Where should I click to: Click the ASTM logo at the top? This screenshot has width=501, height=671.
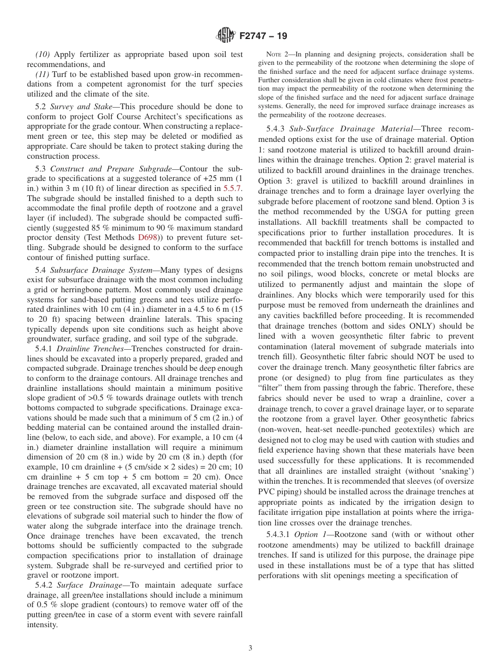pyautogui.click(x=225, y=36)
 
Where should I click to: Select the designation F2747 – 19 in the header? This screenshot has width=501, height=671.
pyautogui.click(x=263, y=36)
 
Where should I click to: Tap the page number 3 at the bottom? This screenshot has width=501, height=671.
pyautogui.click(x=250, y=648)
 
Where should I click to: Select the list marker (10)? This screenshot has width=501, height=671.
pyautogui.click(x=43, y=54)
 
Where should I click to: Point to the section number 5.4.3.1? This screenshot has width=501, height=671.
pyautogui.click(x=284, y=535)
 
